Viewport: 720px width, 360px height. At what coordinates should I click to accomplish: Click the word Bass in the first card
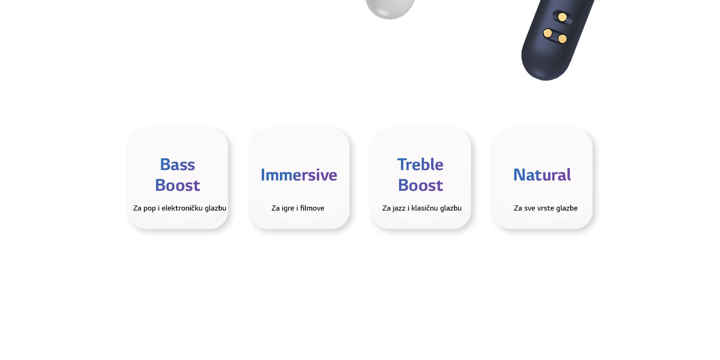tap(177, 165)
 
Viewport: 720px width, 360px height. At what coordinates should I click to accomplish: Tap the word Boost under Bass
tap(177, 185)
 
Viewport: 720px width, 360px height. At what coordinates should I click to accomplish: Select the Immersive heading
tap(299, 175)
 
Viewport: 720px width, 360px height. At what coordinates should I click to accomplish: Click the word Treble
tap(420, 165)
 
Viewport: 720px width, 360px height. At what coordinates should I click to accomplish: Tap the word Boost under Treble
tap(420, 185)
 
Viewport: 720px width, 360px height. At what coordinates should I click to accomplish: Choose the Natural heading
tap(542, 175)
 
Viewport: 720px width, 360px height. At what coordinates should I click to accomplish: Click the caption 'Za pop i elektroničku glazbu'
tap(180, 208)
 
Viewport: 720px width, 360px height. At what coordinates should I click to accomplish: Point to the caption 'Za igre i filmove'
tap(298, 208)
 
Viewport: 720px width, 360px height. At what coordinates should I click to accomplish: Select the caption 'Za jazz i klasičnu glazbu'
tap(422, 208)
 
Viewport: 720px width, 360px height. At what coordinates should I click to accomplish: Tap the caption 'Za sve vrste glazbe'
tap(545, 208)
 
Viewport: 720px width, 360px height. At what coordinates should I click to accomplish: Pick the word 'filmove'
tap(312, 208)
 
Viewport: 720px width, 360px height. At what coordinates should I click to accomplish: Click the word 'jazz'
tap(399, 208)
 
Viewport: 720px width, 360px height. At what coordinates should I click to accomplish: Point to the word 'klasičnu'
tap(424, 208)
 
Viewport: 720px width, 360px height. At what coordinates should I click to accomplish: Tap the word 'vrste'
tap(545, 208)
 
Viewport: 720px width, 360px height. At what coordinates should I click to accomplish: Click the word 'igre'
tap(288, 208)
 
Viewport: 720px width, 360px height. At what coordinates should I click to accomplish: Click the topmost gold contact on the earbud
tap(562, 17)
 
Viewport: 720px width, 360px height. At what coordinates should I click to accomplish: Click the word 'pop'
tap(149, 208)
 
